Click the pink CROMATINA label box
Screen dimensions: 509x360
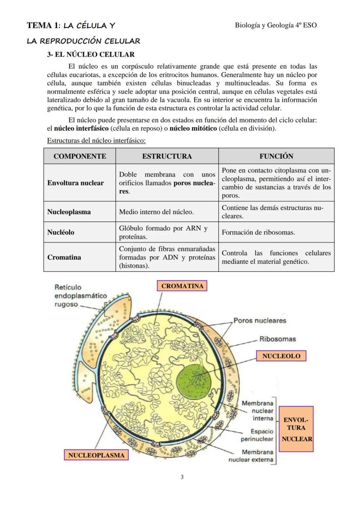pos(182,286)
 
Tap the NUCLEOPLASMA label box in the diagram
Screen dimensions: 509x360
pos(96,455)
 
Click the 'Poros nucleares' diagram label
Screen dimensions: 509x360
pos(260,321)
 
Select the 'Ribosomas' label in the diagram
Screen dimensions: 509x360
pos(277,339)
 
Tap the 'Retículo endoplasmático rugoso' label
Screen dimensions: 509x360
pos(80,296)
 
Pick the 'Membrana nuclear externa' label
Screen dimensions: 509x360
pos(252,456)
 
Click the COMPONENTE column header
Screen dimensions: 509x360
pos(80,156)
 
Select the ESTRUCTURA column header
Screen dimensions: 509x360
pos(167,156)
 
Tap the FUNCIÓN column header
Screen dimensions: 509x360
pos(276,156)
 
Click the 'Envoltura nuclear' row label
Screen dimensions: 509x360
pos(75,183)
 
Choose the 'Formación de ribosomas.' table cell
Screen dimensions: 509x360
pos(258,232)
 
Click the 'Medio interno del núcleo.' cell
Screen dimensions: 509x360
pos(156,212)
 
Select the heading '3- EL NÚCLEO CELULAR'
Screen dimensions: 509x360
pos(91,54)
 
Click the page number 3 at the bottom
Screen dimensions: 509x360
pos(182,477)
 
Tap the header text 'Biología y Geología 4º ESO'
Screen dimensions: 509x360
pos(276,25)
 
